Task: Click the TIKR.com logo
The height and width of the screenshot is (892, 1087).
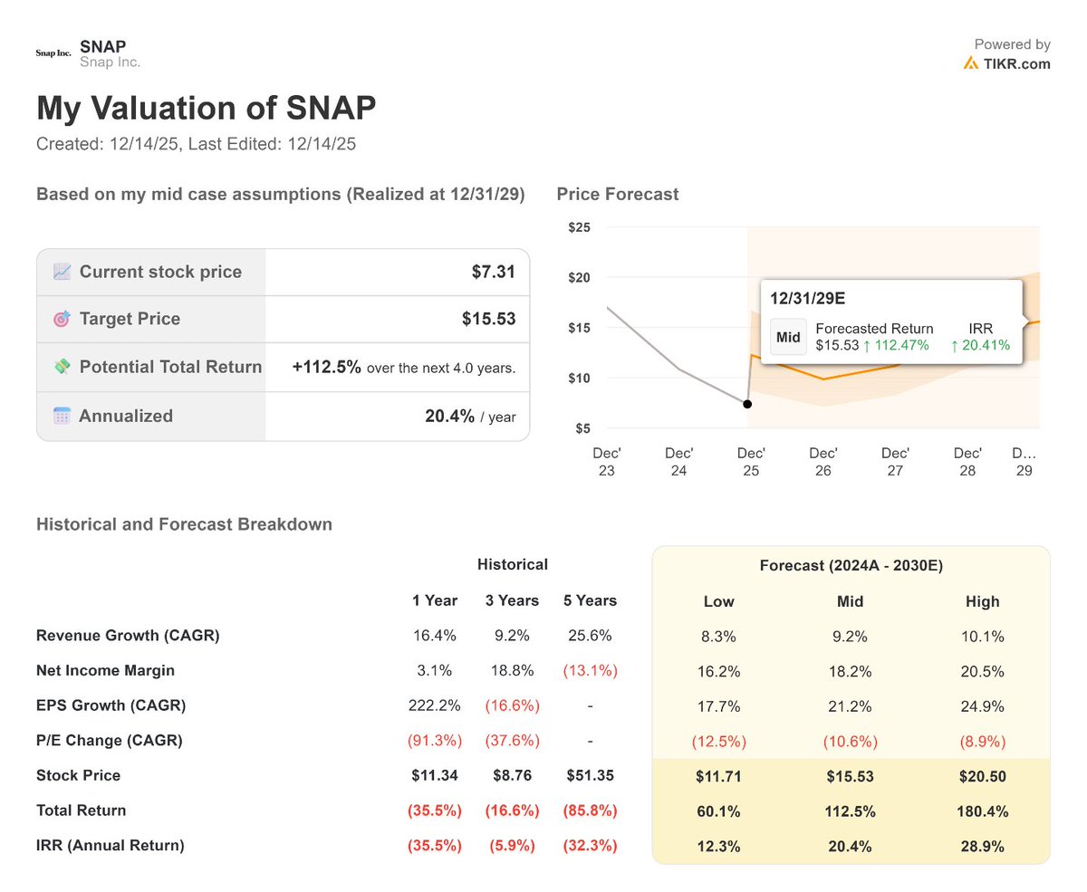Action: coord(1006,63)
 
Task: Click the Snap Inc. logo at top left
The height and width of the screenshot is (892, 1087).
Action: coord(53,53)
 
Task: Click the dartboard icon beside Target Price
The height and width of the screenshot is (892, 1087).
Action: coord(62,319)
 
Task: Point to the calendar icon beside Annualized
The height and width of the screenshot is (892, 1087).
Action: coord(62,417)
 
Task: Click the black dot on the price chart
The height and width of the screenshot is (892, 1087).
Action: coord(747,404)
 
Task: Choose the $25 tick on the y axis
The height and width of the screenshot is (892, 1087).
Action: coord(579,227)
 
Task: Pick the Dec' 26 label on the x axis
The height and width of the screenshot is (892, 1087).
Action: coord(823,462)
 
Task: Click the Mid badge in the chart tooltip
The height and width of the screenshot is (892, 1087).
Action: coord(788,337)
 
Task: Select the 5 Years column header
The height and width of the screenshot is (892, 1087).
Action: coord(590,600)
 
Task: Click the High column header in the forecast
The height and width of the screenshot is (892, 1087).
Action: coord(982,601)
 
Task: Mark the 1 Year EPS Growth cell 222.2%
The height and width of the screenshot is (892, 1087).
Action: coord(435,705)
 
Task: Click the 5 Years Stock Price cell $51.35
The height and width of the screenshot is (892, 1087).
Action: coord(590,776)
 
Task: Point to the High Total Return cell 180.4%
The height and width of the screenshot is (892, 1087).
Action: coord(982,810)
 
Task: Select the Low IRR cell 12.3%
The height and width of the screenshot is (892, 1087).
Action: coord(718,846)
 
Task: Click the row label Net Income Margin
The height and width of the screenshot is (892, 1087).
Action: coord(105,671)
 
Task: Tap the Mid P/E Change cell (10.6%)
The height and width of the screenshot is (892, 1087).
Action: coord(850,741)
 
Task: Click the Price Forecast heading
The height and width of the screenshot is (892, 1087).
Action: coord(617,194)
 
